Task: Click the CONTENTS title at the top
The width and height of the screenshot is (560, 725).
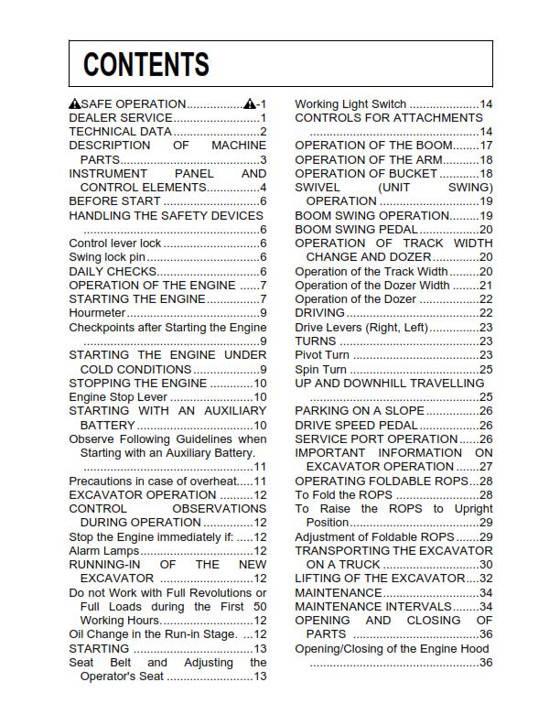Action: click(146, 65)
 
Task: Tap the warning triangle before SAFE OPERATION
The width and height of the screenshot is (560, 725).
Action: click(74, 104)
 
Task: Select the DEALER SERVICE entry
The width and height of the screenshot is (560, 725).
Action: click(121, 118)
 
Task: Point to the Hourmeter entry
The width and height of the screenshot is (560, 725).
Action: click(97, 313)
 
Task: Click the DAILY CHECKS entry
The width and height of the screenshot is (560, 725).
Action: click(113, 272)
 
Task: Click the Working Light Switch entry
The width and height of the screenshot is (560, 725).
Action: click(350, 104)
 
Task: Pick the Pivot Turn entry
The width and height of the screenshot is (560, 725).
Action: click(321, 355)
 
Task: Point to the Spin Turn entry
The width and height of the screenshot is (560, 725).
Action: click(320, 370)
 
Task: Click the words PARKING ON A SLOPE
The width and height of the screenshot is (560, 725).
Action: click(360, 411)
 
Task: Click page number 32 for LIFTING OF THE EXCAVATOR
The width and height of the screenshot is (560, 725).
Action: click(486, 579)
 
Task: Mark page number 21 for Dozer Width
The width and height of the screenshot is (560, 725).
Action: click(486, 286)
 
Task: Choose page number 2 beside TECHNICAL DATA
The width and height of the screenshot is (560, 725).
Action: click(263, 132)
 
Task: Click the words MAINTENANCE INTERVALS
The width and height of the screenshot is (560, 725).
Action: click(373, 606)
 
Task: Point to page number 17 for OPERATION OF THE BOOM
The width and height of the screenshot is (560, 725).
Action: click(486, 146)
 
